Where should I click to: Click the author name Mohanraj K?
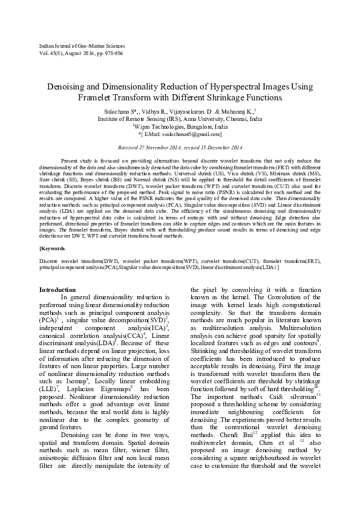tap(239, 112)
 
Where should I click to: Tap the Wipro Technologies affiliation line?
tap(180, 127)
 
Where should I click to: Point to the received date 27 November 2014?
tap(171, 148)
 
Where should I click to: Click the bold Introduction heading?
tap(57, 290)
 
